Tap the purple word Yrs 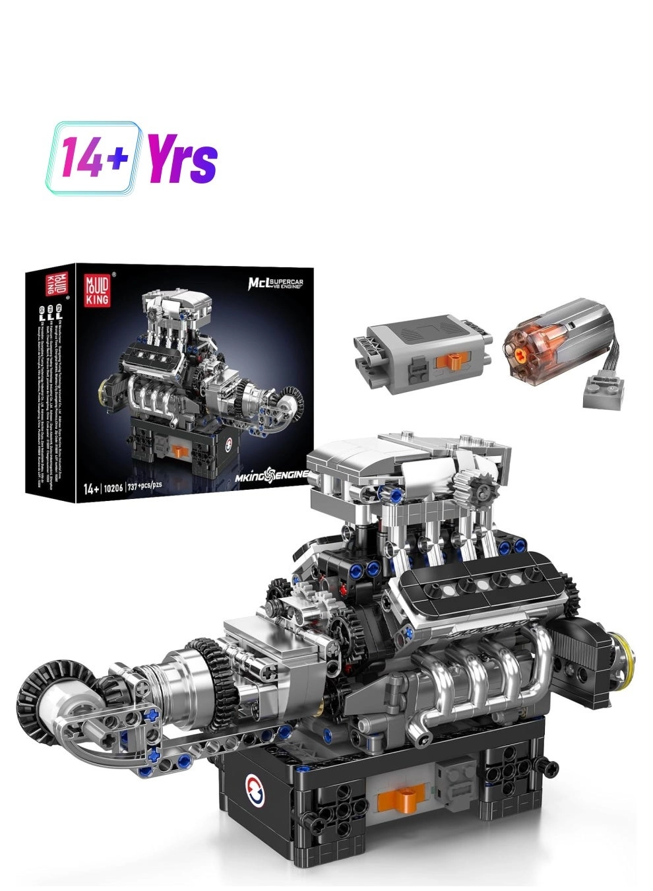point(182,158)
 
